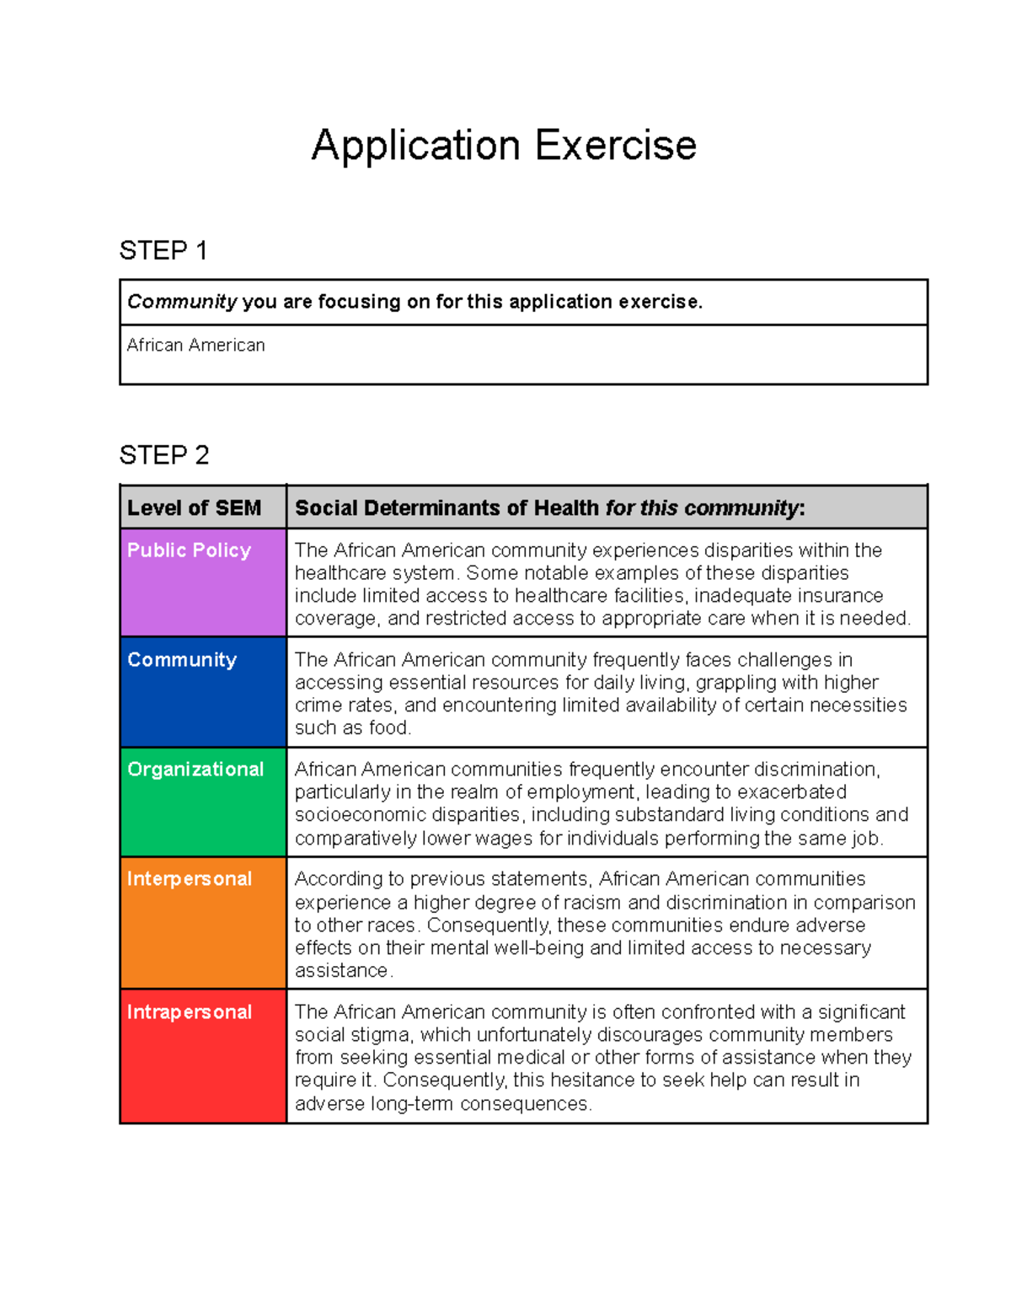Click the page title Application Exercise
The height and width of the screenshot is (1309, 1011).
pos(504,145)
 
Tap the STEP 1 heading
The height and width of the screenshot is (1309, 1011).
pos(163,250)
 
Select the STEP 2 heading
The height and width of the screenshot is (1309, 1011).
pos(164,455)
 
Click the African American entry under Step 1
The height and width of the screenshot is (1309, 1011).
pos(195,346)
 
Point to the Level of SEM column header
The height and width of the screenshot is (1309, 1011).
pos(194,508)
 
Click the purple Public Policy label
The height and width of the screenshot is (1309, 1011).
pos(189,550)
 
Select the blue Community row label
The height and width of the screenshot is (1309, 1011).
pos(182,660)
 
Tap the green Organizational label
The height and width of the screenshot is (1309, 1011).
pos(195,770)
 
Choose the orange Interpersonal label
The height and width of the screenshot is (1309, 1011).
pos(190,879)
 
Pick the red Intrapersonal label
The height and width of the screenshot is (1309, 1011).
pos(190,1012)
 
